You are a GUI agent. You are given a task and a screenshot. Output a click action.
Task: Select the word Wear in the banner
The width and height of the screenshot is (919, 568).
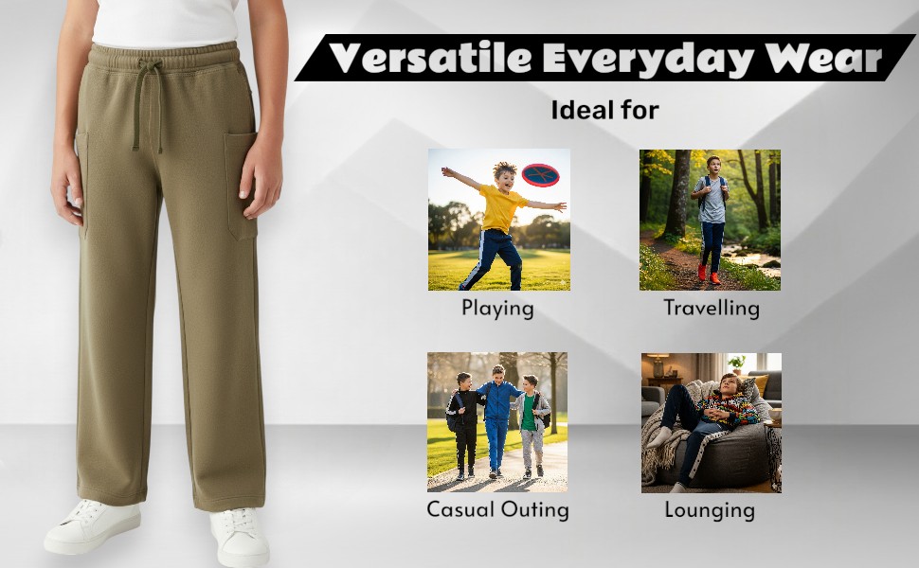[x=823, y=59]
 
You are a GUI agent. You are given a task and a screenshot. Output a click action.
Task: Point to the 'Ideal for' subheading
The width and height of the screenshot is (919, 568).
[x=604, y=110]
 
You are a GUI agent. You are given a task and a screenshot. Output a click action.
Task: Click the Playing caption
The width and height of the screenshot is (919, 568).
[x=497, y=309]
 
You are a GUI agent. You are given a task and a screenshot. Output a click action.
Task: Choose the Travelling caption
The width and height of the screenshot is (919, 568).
[x=711, y=308]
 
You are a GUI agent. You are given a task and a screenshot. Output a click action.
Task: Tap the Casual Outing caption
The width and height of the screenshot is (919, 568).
[x=497, y=509]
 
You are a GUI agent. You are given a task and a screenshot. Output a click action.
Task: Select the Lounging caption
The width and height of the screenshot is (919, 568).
[x=710, y=510]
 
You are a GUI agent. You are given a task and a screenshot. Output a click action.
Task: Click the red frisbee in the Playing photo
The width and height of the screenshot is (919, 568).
[x=540, y=174]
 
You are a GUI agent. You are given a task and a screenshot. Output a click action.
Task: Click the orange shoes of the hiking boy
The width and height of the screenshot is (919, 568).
[x=708, y=274]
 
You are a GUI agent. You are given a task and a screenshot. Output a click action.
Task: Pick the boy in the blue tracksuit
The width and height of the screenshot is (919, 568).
[x=497, y=420]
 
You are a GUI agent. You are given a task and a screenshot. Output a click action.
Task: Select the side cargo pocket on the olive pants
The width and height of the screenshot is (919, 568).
[x=241, y=186]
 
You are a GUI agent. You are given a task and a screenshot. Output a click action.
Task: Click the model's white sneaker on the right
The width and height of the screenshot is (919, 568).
[x=240, y=538]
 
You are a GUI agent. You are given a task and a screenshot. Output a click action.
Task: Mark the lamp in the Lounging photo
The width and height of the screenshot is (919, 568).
[x=658, y=364]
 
